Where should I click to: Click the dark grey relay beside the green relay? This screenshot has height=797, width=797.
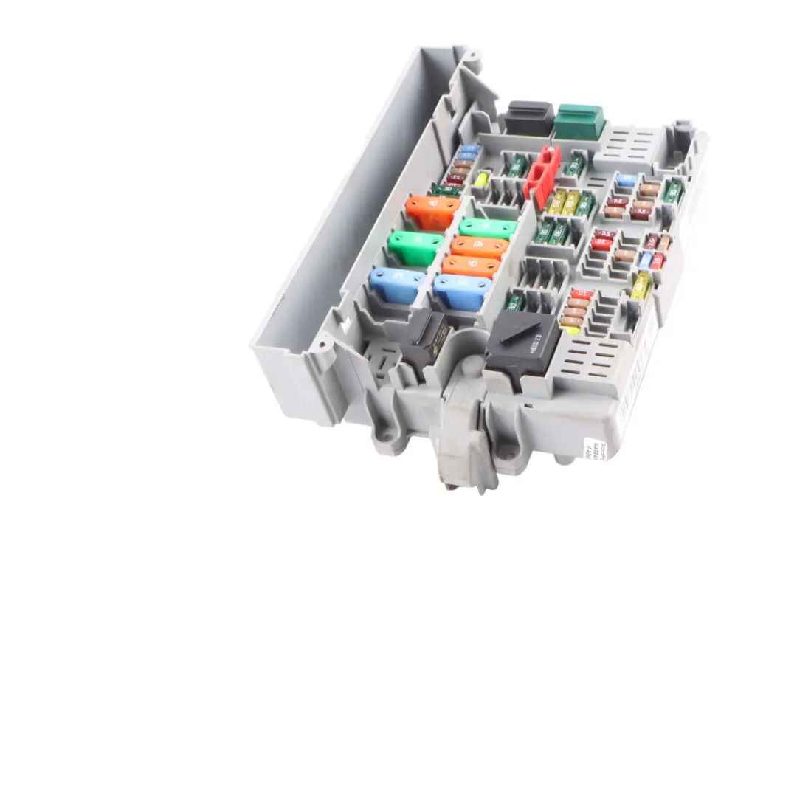[528, 118]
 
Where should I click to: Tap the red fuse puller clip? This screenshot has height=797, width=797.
[542, 176]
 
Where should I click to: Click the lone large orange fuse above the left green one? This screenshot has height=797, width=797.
[432, 212]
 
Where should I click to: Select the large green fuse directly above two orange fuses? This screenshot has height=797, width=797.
[488, 229]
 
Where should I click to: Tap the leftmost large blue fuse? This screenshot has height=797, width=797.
[397, 284]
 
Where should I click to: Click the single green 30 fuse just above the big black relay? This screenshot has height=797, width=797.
[515, 301]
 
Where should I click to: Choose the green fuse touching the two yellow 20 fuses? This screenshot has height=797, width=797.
[586, 204]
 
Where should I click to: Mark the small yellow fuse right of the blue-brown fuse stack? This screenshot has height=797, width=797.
[482, 179]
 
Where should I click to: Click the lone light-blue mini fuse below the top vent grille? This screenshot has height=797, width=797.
[627, 179]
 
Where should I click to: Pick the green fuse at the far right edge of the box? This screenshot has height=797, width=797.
[672, 190]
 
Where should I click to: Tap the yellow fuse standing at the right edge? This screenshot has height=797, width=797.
[641, 286]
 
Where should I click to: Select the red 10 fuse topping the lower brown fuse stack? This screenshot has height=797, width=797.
[582, 294]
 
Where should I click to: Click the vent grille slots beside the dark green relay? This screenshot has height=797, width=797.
[629, 143]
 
